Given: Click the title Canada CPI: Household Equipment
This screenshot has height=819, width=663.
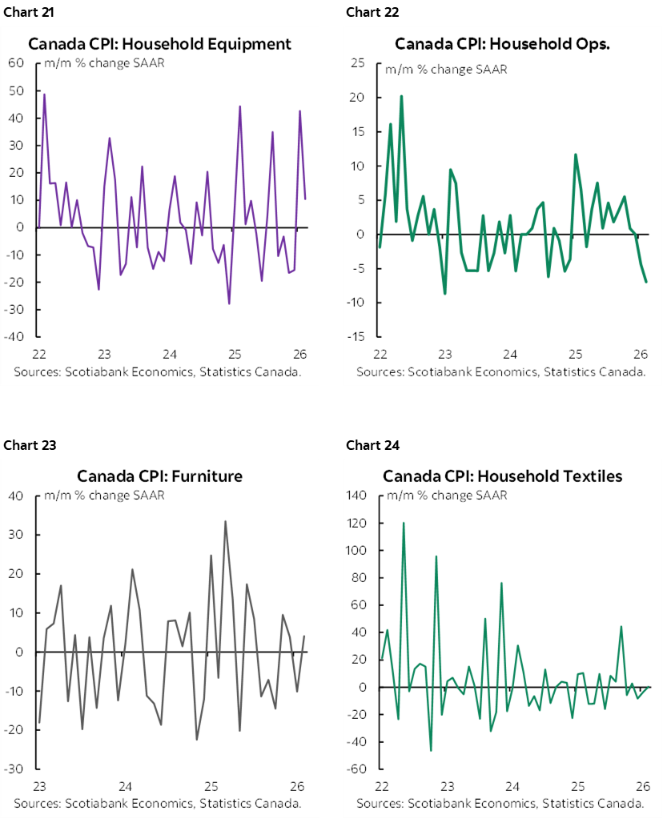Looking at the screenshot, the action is click(159, 43).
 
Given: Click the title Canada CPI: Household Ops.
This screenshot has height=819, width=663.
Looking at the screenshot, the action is click(502, 43).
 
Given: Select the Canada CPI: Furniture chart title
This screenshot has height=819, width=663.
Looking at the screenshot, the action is click(159, 476).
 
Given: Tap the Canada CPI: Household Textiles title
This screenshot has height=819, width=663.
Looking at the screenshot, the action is click(502, 476).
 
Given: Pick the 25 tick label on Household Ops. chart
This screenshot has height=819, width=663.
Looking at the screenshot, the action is click(359, 64).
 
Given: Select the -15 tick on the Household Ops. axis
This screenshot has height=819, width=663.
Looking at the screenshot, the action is click(357, 337).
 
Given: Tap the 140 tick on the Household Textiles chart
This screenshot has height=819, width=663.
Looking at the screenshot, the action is click(356, 496).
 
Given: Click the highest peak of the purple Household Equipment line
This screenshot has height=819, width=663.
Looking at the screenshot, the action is click(44, 94).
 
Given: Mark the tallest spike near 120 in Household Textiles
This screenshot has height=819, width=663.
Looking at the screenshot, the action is click(403, 523).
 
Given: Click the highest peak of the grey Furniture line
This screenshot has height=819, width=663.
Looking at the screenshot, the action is click(225, 521).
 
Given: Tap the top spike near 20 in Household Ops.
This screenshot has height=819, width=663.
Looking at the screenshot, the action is click(401, 96).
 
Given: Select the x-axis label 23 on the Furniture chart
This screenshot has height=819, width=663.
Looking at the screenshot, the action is click(38, 786).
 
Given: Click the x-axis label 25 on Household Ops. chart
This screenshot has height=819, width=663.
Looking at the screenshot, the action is click(575, 354).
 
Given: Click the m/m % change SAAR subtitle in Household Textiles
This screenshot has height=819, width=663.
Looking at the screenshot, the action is click(447, 495).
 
